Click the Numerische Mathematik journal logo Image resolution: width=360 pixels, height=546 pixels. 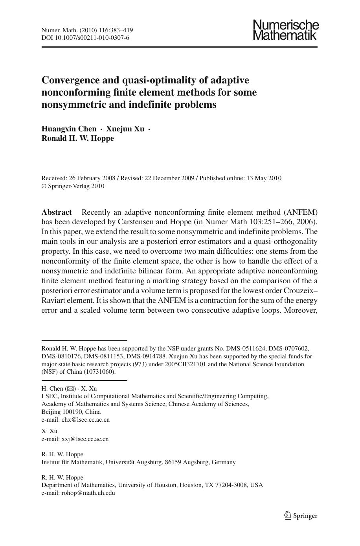click(x=286, y=30)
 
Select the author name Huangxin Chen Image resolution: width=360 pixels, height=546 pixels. click(x=69, y=129)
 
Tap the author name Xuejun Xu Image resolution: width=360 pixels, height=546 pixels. click(x=125, y=129)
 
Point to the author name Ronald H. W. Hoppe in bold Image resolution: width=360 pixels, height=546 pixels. click(x=77, y=138)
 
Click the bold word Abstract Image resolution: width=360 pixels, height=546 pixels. click(x=57, y=212)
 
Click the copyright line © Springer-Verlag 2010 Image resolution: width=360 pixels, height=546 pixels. click(x=73, y=186)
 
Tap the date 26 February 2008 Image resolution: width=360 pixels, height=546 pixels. click(x=92, y=178)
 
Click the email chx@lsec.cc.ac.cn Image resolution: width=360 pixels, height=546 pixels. click(x=85, y=420)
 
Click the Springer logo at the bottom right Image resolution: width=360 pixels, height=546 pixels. click(x=301, y=516)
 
